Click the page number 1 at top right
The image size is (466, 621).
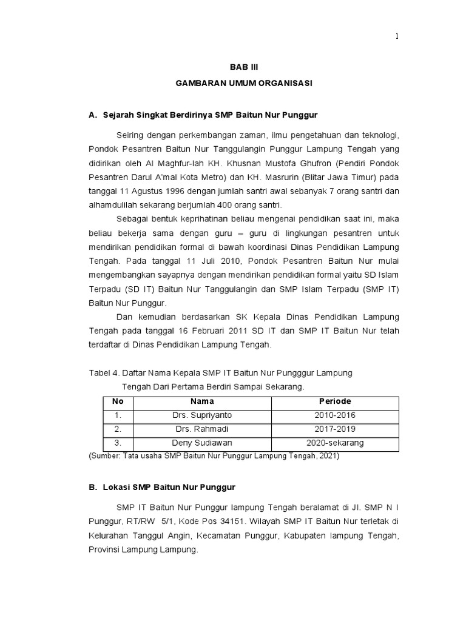[397, 36]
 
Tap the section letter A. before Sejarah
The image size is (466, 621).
[93, 114]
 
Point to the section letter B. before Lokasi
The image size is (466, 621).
[93, 487]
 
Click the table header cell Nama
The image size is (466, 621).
[202, 401]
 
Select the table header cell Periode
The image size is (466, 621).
[335, 401]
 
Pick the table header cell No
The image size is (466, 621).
[118, 401]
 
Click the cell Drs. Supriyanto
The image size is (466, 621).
[202, 415]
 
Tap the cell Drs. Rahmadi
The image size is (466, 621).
[202, 429]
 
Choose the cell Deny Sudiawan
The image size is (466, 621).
[202, 443]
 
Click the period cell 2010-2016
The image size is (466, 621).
[335, 415]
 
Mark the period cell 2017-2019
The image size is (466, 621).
[335, 429]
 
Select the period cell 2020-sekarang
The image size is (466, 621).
[335, 443]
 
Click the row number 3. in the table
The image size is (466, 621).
[118, 443]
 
